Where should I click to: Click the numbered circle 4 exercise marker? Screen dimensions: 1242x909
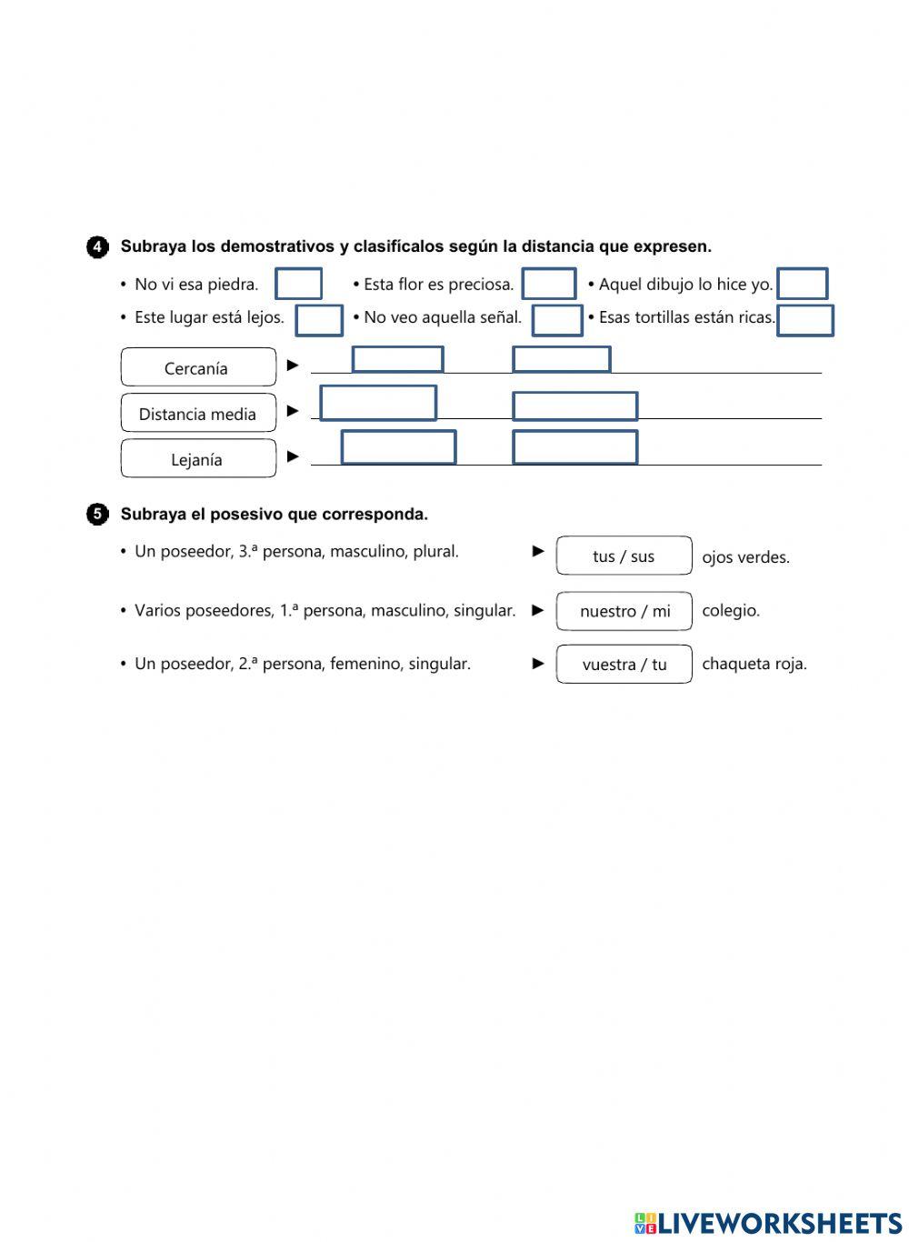tap(97, 247)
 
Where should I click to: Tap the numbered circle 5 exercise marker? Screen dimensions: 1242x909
tap(97, 515)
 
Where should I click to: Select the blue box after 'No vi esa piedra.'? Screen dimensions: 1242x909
tap(298, 284)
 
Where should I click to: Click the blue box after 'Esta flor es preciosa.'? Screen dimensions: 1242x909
tap(549, 284)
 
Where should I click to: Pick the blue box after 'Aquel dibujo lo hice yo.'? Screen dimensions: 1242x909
tap(803, 284)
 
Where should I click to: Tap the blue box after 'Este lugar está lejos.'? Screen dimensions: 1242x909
tap(319, 320)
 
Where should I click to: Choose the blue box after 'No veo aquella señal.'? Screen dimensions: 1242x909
tap(556, 320)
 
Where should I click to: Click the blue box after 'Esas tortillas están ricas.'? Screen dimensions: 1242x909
tap(804, 320)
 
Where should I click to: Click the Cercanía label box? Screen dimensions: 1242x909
tap(198, 367)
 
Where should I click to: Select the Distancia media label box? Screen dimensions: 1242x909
tap(198, 414)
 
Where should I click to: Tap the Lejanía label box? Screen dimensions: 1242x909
tap(198, 459)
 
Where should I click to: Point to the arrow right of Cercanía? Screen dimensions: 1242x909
tap(293, 365)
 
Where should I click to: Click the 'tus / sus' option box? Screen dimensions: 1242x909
tap(624, 556)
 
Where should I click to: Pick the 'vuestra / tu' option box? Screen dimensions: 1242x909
tap(624, 665)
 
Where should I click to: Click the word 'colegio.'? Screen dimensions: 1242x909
tap(731, 611)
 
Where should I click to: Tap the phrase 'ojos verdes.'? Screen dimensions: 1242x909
tap(745, 557)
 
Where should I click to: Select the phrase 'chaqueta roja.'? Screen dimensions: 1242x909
tap(754, 664)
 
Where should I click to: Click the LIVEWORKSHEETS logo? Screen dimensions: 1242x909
tap(767, 1223)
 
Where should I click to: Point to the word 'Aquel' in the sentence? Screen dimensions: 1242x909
tap(618, 285)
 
